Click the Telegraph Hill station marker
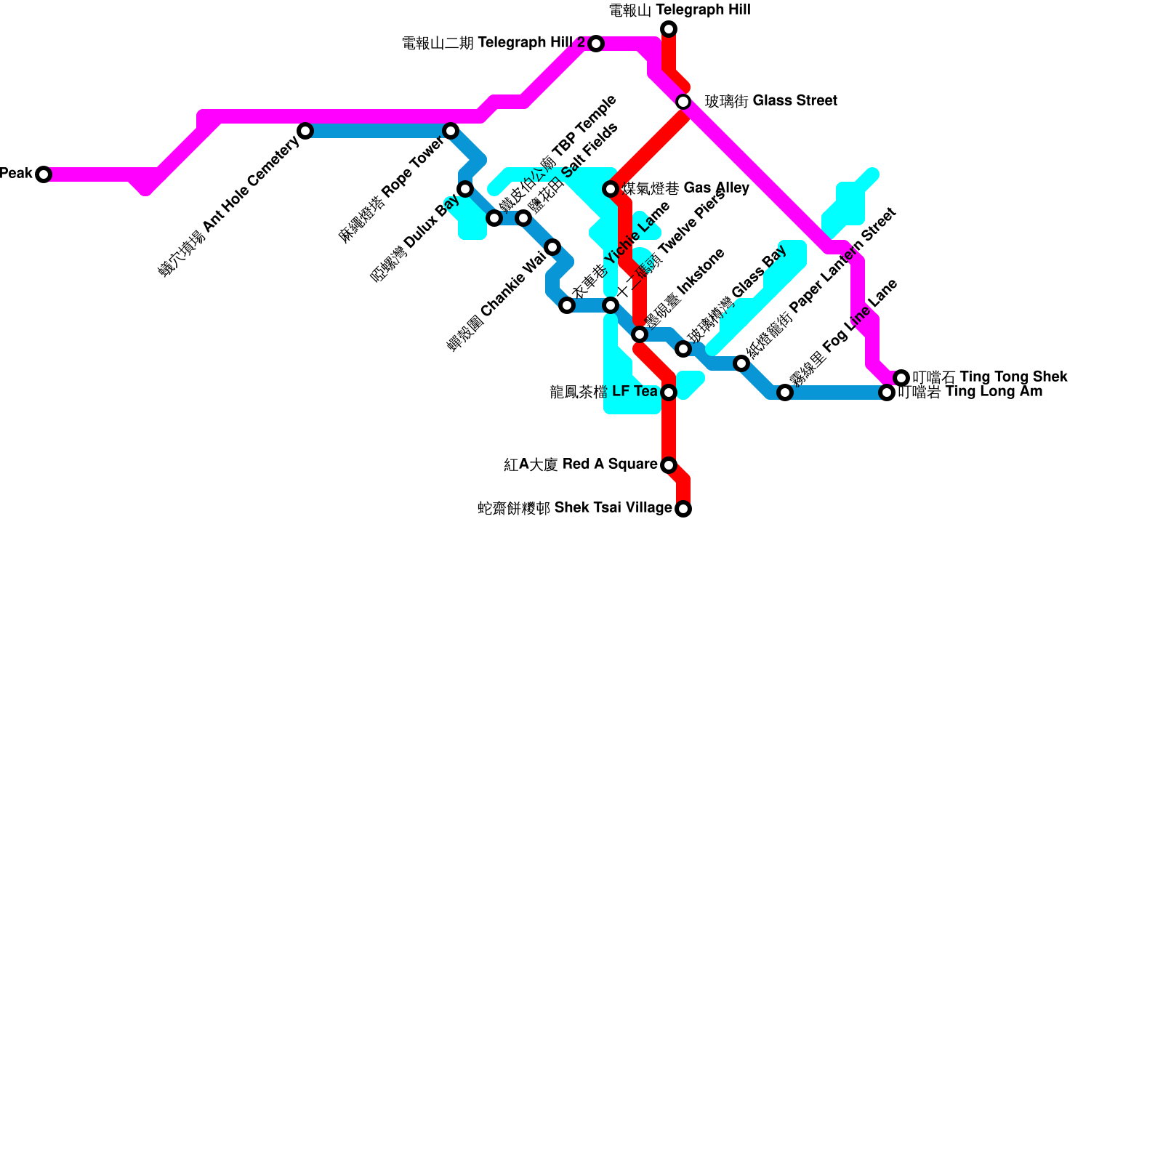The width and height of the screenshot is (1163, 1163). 669,29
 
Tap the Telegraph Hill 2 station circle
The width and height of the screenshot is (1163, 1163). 596,44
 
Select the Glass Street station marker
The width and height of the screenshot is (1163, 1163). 683,102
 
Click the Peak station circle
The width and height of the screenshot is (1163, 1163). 44,174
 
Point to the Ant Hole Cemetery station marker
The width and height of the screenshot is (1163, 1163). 306,131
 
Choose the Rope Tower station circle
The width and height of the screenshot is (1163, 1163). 451,131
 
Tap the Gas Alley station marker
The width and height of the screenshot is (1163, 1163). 611,189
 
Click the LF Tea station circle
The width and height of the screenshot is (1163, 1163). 669,393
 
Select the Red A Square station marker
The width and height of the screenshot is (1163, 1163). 669,465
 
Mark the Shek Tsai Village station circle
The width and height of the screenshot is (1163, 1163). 683,509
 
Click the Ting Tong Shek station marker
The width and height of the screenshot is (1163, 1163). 901,378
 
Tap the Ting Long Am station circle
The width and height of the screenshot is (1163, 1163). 887,393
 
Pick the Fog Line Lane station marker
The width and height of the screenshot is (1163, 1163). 785,393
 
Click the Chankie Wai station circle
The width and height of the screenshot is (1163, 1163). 552,247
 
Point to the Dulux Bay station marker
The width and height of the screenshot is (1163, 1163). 465,189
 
